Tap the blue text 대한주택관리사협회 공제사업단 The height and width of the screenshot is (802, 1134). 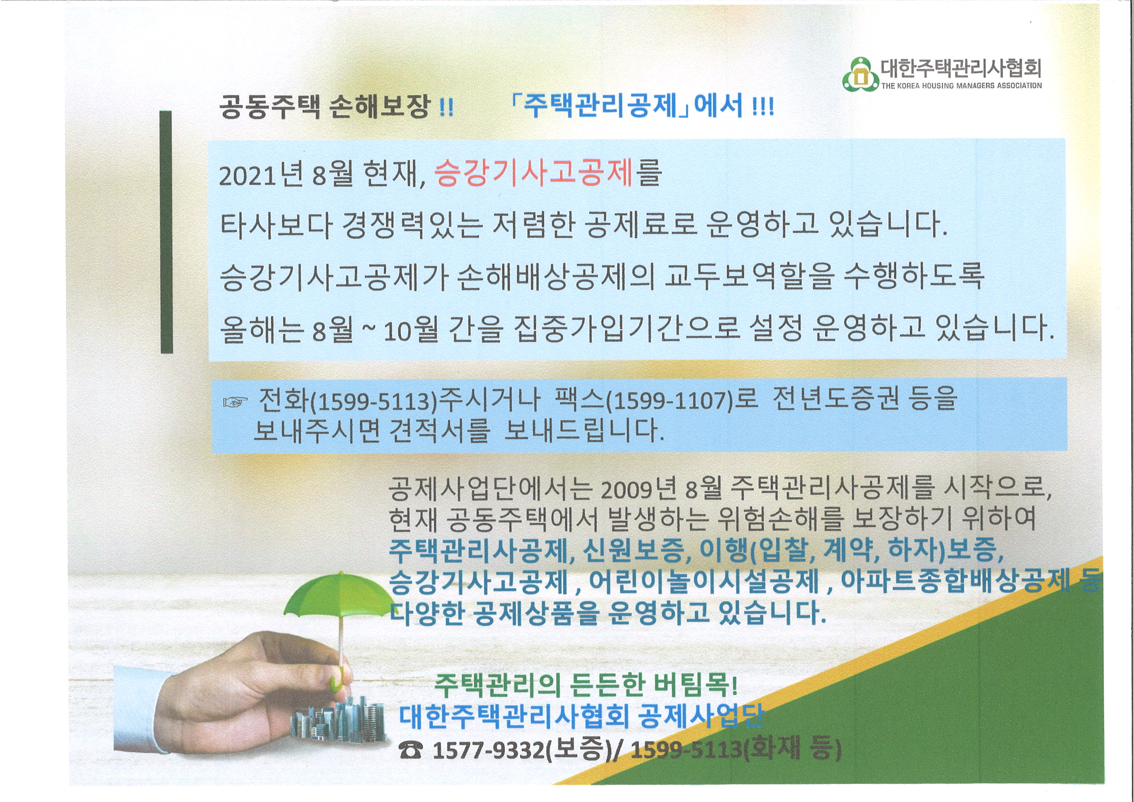click(x=581, y=718)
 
